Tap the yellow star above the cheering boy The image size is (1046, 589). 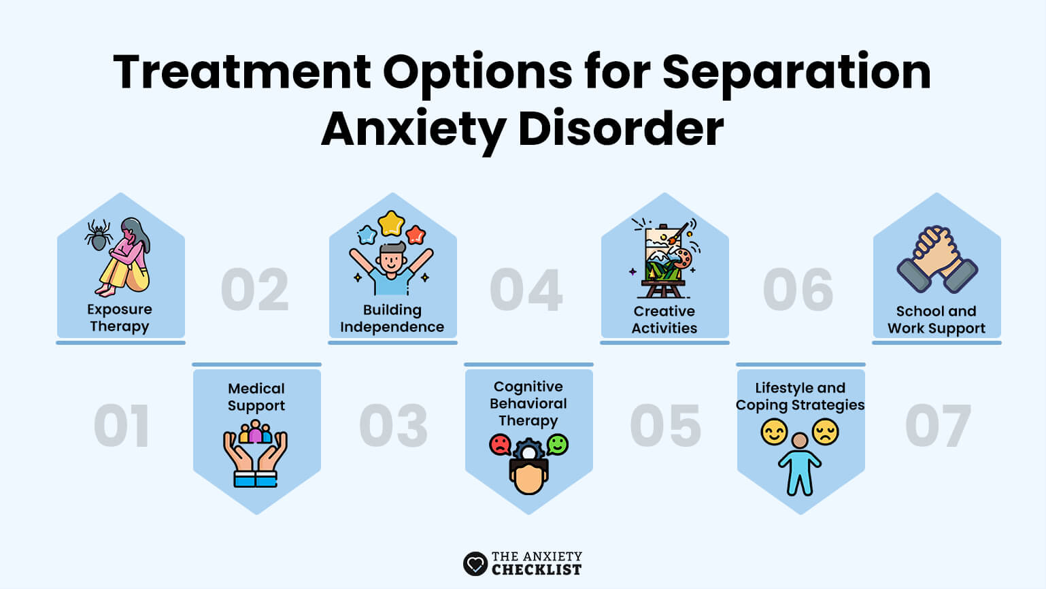[391, 223]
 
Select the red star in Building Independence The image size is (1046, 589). [415, 235]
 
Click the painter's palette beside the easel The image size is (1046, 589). [682, 258]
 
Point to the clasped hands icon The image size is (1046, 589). [937, 259]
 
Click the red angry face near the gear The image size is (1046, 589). [500, 445]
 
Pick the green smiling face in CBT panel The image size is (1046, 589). [557, 444]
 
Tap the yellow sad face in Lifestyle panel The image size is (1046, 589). [826, 432]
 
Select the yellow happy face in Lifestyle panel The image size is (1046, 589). [774, 432]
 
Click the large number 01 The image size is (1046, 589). [122, 426]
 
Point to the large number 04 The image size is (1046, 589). [526, 290]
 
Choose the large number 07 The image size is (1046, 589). [938, 426]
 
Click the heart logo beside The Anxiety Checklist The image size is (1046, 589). [475, 564]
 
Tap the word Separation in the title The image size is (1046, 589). [796, 72]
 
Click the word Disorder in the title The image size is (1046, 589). [621, 129]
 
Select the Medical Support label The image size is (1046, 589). [256, 397]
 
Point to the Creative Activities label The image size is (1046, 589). [664, 320]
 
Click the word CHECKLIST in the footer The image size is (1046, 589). [537, 569]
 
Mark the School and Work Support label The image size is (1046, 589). [937, 320]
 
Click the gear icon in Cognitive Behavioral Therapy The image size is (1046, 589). [528, 452]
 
